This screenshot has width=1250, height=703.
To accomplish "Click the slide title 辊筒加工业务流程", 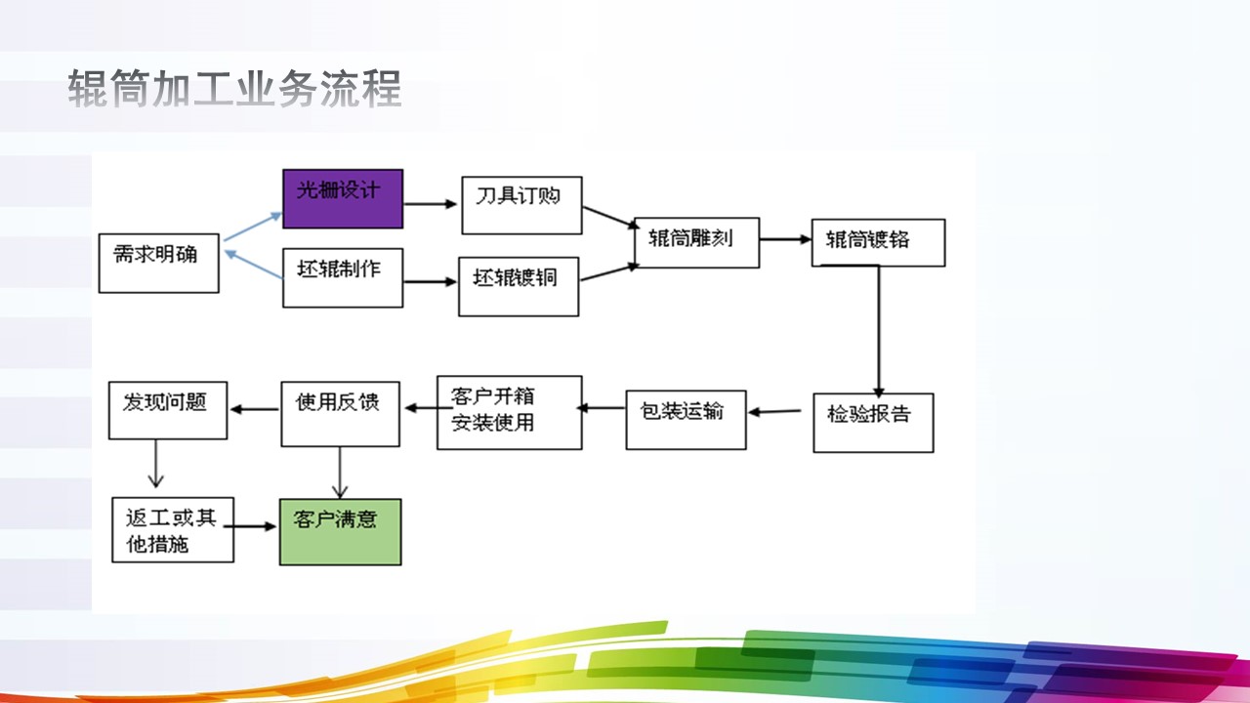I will point(234,89).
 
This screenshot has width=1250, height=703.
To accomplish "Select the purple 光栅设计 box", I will point(343,199).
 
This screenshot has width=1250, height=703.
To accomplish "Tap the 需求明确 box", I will point(159,263).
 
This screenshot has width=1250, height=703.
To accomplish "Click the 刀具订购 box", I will point(521,205).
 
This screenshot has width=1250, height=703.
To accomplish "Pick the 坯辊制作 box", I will point(343,278).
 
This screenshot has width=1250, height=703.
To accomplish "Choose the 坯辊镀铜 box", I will point(519,286).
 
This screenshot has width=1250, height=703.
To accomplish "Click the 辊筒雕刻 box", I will point(696,242).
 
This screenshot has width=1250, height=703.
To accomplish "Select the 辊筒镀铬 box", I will point(878,242).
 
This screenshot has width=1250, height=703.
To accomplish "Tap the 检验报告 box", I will point(873,422).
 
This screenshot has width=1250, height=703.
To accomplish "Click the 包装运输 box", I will point(686,420).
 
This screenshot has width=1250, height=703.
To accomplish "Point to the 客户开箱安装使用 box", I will point(509,412).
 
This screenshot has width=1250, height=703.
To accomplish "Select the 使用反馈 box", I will point(340,413).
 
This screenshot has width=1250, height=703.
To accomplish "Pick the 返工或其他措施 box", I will point(173,529).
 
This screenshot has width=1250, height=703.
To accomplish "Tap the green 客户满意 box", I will point(340,531).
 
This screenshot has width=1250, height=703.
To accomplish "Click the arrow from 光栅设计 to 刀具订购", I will point(431,204).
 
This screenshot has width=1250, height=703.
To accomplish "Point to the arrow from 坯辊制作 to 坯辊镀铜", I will point(431,282).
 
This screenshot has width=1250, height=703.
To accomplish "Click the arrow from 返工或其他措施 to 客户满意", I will point(256,527).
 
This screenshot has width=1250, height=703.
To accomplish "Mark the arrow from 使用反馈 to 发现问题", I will point(255,410).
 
